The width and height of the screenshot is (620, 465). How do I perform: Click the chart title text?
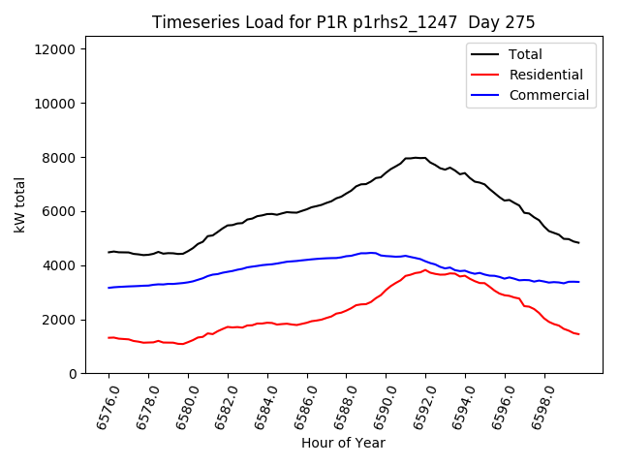click(344, 22)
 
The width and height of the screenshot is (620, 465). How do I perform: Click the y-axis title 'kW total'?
click(19, 211)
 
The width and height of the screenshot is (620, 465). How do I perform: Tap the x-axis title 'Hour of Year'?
click(343, 443)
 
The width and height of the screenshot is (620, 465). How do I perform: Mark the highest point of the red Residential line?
click(424, 270)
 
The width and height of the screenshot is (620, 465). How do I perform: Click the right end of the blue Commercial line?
click(579, 282)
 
